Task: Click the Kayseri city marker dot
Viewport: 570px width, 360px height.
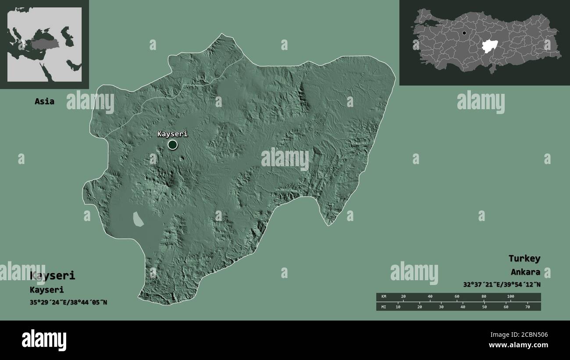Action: tap(172, 144)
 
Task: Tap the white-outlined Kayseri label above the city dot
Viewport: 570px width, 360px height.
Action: tap(172, 134)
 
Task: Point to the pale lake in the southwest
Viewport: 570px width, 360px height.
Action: tap(138, 219)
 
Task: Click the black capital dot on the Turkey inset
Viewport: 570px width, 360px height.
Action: tap(464, 33)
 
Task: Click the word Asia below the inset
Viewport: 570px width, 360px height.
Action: tap(45, 101)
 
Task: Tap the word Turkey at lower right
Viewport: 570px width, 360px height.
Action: tap(524, 258)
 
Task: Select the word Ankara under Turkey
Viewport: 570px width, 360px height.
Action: tap(525, 272)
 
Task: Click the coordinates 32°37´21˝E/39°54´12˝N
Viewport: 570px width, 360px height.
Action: tap(502, 285)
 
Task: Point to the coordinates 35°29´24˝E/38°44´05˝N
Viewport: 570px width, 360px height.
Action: tap(68, 302)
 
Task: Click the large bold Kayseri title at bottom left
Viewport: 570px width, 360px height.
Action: tap(53, 276)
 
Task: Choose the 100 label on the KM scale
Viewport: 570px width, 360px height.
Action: tap(510, 296)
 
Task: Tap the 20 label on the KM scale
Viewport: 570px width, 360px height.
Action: tap(403, 296)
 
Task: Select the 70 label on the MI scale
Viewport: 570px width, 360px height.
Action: tap(527, 307)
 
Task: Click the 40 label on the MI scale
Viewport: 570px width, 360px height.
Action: tap(463, 307)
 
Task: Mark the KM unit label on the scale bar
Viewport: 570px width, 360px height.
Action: tap(384, 296)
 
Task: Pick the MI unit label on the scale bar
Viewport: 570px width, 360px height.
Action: tap(384, 307)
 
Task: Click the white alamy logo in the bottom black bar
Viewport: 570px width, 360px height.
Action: tap(44, 340)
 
